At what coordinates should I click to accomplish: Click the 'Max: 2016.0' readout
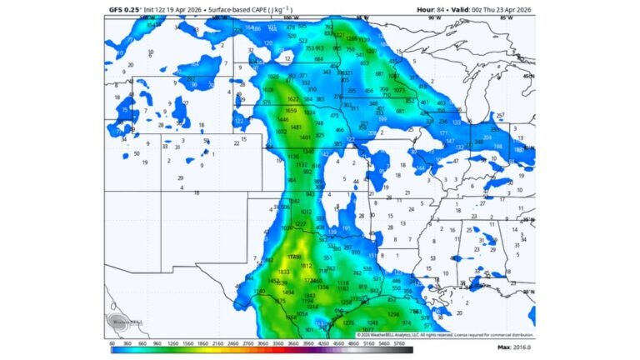[516, 347]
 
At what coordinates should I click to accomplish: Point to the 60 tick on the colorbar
[112, 342]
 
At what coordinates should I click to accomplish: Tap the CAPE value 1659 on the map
[290, 111]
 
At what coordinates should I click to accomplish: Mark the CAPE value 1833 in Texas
[283, 272]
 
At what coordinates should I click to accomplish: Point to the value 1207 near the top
[372, 51]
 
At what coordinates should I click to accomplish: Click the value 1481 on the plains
[295, 127]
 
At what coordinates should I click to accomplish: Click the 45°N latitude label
[527, 77]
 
